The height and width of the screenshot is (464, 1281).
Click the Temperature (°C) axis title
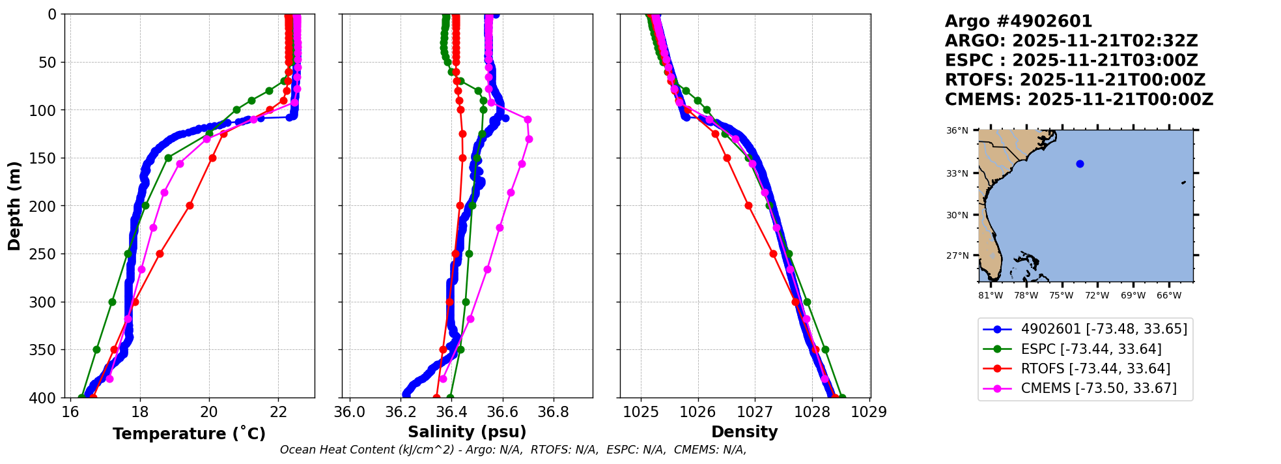(x=189, y=433)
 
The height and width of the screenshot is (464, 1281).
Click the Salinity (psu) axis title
(x=467, y=432)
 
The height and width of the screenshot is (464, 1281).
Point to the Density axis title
(x=744, y=432)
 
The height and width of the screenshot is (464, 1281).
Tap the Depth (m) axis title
(x=14, y=205)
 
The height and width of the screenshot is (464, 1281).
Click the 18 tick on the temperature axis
(x=139, y=413)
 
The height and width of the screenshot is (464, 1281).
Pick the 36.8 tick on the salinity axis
(x=554, y=413)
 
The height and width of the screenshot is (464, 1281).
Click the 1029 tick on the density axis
(x=869, y=413)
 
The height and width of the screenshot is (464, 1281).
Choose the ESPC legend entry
(x=1091, y=349)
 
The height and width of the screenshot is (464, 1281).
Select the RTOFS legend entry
(x=1095, y=369)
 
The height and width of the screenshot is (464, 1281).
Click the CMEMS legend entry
(x=1099, y=388)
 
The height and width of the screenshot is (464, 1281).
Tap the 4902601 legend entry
(x=1104, y=329)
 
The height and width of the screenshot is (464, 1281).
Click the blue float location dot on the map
(x=1080, y=164)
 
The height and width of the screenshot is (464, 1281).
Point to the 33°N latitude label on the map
(x=957, y=173)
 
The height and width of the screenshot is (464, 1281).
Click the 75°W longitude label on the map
(x=1061, y=296)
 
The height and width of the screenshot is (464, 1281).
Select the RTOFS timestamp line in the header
(x=1075, y=80)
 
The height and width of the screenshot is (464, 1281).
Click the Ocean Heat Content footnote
(x=513, y=450)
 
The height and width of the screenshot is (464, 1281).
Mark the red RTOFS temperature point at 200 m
(x=190, y=205)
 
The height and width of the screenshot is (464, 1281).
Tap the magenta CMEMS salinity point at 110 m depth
(x=528, y=119)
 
